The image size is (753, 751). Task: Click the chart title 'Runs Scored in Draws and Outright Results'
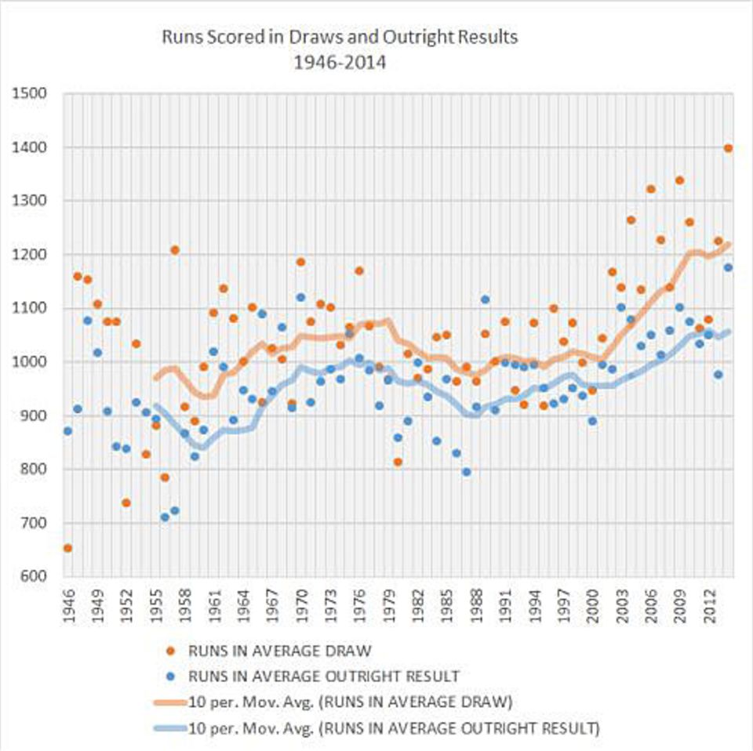340,37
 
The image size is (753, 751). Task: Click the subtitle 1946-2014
340,63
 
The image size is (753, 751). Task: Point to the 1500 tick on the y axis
30,93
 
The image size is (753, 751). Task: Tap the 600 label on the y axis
34,576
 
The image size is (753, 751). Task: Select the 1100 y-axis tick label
30,308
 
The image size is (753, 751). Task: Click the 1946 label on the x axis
68,606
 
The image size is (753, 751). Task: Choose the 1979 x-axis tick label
389,606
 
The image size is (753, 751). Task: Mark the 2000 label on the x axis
593,606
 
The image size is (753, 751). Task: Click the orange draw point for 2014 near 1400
728,148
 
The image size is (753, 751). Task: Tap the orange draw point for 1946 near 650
67,548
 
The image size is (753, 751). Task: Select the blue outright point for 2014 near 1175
728,267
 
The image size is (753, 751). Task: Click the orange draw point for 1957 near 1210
175,250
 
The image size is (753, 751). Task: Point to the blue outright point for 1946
67,431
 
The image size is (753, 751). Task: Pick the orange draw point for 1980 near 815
398,462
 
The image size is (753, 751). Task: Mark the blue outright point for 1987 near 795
466,472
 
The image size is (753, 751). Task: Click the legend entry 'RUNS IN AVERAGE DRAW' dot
170,651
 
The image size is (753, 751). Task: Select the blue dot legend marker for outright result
170,677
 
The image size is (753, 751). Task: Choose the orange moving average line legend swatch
170,702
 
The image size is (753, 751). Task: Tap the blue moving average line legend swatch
170,728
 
